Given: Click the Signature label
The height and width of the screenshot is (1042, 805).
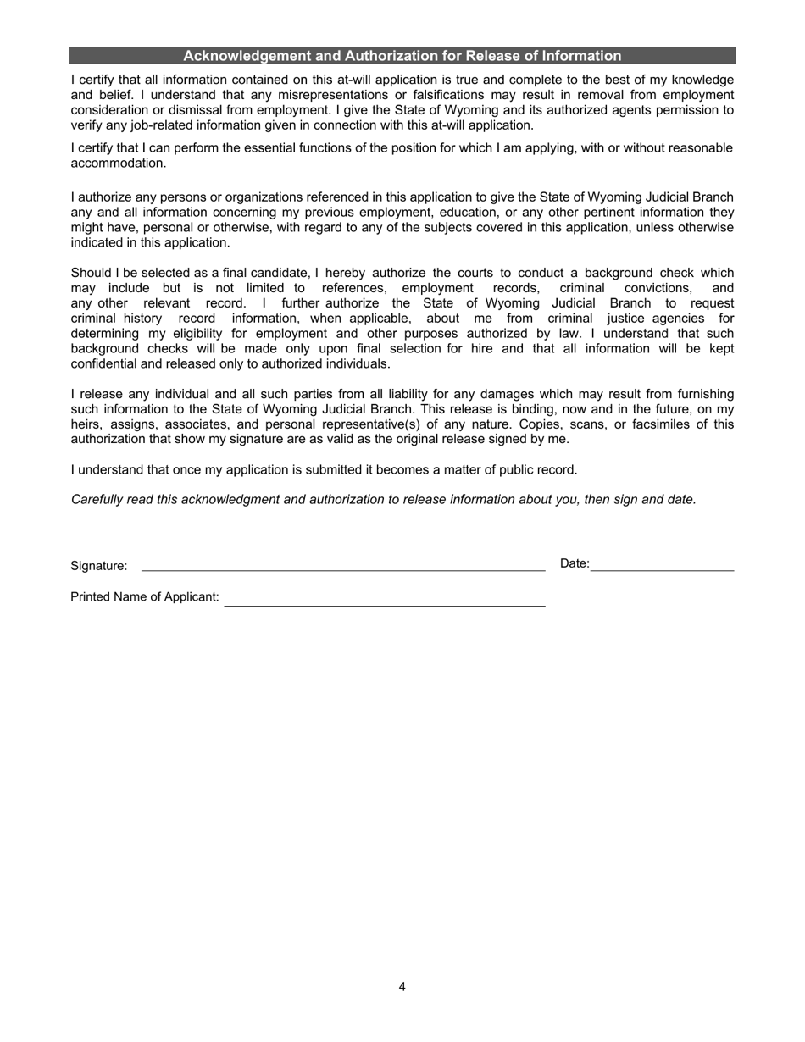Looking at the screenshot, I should click(99, 566).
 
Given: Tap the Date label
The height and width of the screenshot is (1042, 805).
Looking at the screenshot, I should click(575, 563).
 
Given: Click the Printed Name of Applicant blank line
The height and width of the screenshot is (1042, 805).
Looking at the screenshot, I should click(385, 603).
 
